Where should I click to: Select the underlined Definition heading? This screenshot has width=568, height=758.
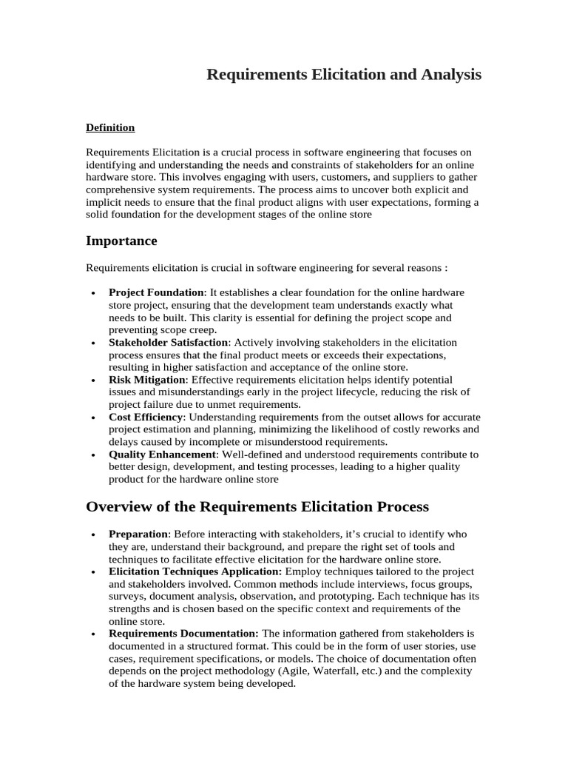click(x=110, y=127)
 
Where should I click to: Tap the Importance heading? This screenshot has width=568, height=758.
click(x=121, y=241)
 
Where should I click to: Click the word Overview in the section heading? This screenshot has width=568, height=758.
click(x=119, y=506)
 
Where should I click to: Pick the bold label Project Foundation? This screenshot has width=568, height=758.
click(x=156, y=292)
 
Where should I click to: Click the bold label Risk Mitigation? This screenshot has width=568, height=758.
click(x=146, y=379)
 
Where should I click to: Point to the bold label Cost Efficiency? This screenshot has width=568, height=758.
click(x=145, y=417)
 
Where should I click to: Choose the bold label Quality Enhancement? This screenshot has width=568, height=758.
click(x=163, y=454)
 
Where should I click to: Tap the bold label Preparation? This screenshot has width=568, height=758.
click(x=139, y=534)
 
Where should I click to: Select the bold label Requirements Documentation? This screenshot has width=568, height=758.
click(x=183, y=634)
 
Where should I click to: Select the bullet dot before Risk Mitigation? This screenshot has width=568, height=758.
click(x=92, y=380)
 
